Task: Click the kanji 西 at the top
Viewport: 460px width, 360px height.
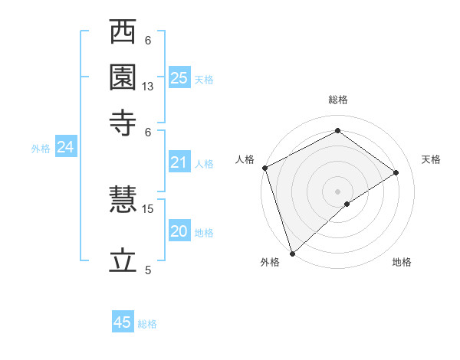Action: click(123, 33)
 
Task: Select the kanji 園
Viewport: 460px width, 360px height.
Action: click(123, 77)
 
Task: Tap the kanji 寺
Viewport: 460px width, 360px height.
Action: click(123, 121)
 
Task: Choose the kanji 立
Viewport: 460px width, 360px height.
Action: click(123, 260)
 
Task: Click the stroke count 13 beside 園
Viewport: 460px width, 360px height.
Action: click(148, 87)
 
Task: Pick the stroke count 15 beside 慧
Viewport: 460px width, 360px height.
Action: click(148, 208)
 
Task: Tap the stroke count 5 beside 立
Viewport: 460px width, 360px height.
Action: click(148, 270)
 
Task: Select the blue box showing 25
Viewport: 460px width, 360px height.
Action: click(179, 77)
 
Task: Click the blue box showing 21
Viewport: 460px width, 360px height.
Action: click(179, 162)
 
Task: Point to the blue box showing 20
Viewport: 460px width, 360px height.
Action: click(179, 231)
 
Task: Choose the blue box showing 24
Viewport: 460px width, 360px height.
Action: click(65, 148)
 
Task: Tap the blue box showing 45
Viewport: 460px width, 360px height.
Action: click(123, 322)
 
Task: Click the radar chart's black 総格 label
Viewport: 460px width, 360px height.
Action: click(338, 100)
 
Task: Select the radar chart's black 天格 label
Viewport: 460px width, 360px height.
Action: click(431, 159)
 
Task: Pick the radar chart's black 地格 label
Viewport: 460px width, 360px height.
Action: click(402, 263)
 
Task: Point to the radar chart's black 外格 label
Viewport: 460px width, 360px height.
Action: click(270, 263)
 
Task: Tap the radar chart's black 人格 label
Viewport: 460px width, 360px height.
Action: click(245, 159)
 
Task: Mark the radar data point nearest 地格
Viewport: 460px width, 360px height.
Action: click(347, 204)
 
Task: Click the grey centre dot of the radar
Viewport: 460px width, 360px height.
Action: click(338, 191)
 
